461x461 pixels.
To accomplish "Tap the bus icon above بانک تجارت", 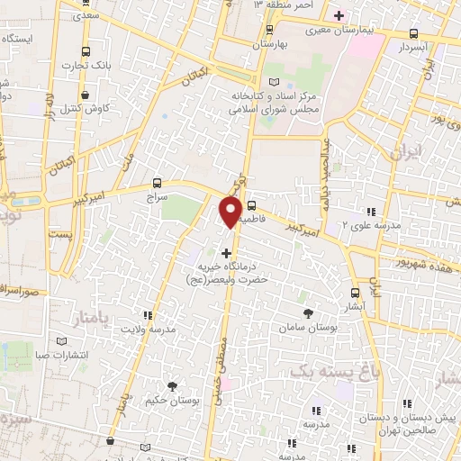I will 86,52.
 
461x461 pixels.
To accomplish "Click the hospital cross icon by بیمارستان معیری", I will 339,15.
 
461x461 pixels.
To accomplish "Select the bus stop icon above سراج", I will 158,182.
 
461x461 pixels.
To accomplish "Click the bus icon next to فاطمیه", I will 251,204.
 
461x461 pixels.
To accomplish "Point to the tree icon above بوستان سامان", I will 309,312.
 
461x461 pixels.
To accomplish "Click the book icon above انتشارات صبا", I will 61,341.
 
